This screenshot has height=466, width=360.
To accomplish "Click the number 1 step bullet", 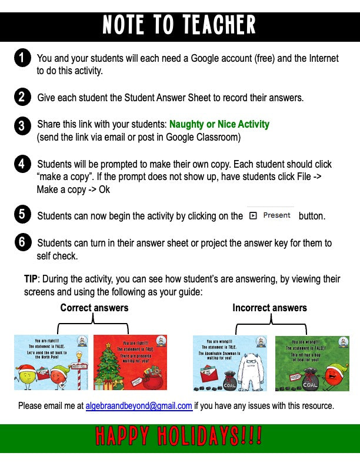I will (x=22, y=58).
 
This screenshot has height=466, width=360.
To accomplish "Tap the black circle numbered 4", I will (x=22, y=164).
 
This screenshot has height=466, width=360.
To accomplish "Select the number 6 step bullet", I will (x=22, y=242).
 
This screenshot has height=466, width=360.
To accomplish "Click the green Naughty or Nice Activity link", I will (x=219, y=124).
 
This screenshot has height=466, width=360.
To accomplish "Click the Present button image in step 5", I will (x=270, y=215).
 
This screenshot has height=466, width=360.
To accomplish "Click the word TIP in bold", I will (x=31, y=278).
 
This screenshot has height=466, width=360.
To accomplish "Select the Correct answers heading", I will (x=94, y=308).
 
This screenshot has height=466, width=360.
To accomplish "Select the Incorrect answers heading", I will (x=269, y=308).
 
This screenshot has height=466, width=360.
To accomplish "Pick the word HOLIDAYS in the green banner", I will (x=199, y=437).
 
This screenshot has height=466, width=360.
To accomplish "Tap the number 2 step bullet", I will (x=22, y=97).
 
